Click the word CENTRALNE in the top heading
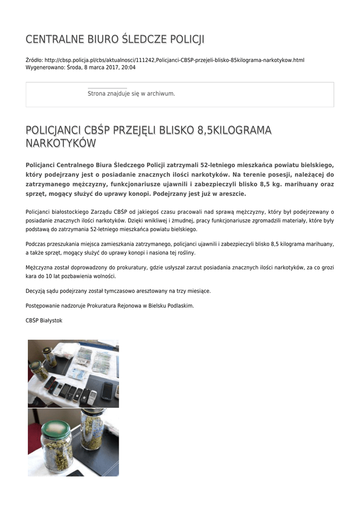tap(48, 39)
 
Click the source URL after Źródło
tap(174, 60)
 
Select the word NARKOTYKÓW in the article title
tap(60, 143)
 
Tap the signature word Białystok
tap(50, 320)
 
